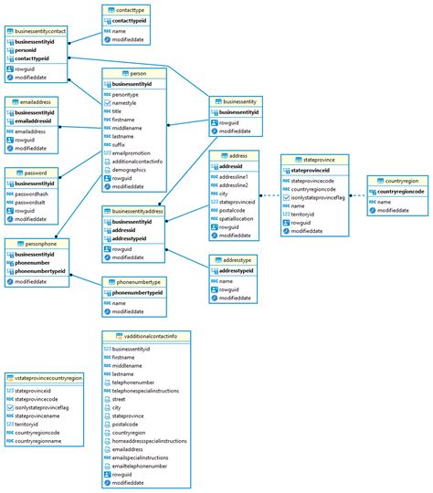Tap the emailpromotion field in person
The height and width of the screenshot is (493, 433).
131,153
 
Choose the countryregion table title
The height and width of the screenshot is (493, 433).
402,182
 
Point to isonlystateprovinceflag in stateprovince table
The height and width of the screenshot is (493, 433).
317,197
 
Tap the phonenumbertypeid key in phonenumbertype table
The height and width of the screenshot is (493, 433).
136,293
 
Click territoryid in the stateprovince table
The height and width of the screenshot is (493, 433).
306,215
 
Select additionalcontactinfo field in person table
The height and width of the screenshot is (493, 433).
137,162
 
